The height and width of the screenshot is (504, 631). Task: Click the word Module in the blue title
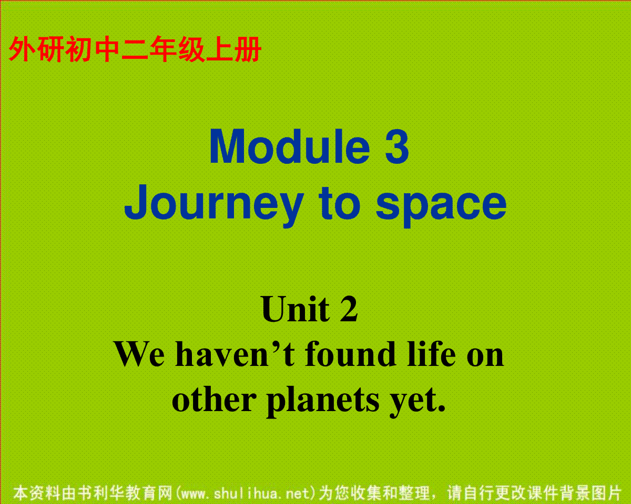(x=289, y=146)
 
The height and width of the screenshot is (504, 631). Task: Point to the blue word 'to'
(x=339, y=203)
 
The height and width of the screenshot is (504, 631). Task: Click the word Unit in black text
(x=296, y=309)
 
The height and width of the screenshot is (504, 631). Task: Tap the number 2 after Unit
(x=349, y=309)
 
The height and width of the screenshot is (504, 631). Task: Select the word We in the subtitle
(x=139, y=354)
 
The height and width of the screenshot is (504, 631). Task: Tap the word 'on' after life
(x=485, y=358)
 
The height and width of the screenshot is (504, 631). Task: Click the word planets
(x=323, y=403)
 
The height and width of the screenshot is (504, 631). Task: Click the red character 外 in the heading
(x=23, y=49)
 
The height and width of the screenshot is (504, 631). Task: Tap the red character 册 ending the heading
(x=248, y=49)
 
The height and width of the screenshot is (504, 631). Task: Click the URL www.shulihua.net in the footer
(x=246, y=492)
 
